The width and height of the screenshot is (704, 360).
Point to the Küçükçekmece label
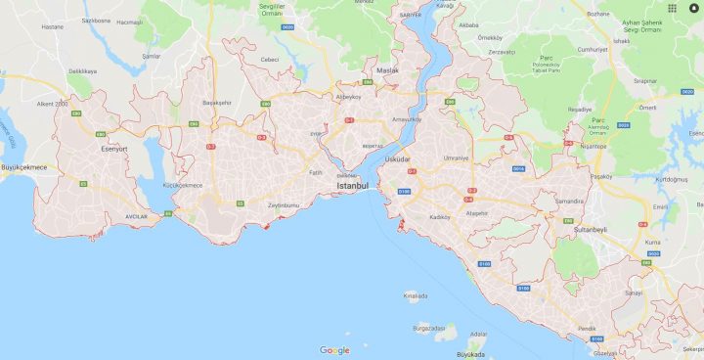(182, 185)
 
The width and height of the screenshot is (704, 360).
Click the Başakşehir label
(216, 103)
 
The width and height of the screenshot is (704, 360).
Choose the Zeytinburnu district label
(284, 204)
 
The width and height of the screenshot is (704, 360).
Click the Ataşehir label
(475, 212)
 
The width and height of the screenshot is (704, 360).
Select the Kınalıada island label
(416, 295)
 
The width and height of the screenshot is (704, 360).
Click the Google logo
(333, 350)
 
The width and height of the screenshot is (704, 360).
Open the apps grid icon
(673, 9)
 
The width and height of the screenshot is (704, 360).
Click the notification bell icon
(693, 9)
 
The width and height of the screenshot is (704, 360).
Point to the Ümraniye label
(457, 157)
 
